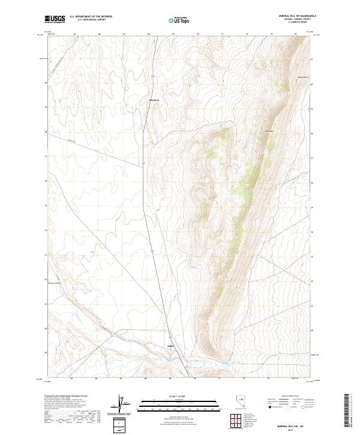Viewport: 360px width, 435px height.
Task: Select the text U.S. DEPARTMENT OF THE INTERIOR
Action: (x=91, y=17)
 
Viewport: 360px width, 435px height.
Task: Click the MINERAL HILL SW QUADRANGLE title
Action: (x=291, y=17)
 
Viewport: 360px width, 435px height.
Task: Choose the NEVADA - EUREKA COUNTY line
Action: (x=291, y=20)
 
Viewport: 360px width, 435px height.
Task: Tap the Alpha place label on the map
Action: (x=169, y=346)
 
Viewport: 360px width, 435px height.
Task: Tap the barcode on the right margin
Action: (x=347, y=410)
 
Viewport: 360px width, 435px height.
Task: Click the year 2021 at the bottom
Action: (x=292, y=430)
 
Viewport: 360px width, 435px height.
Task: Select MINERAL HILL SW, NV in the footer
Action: (x=292, y=426)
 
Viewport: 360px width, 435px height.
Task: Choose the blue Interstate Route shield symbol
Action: (x=269, y=407)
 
